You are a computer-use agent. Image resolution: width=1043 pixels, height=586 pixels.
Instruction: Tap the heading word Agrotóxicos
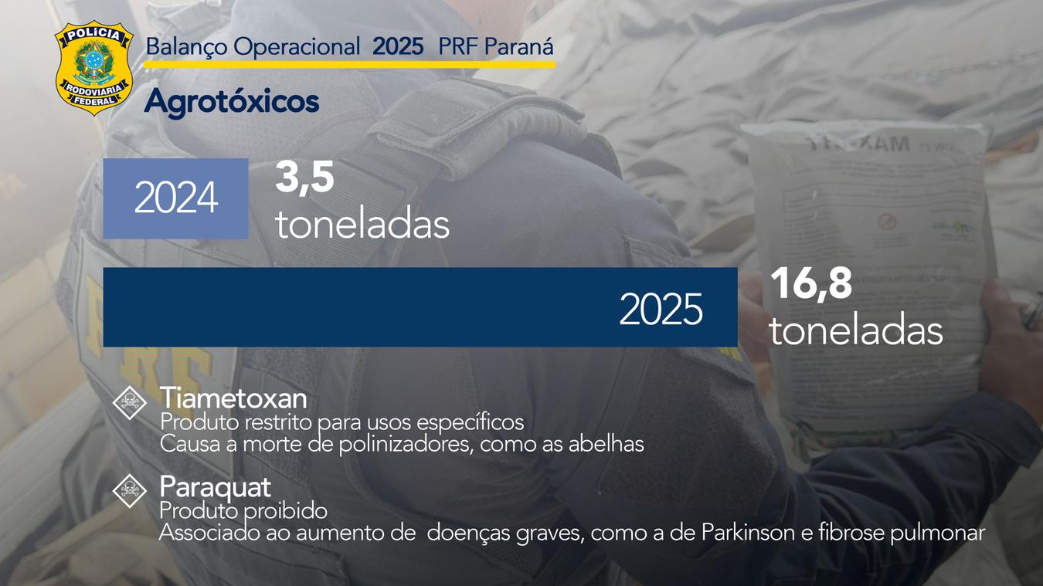tap(231, 102)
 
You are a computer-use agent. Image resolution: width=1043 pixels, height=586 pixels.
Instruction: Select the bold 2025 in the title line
tap(398, 47)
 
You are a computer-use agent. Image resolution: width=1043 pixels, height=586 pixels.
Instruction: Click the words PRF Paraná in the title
tap(496, 47)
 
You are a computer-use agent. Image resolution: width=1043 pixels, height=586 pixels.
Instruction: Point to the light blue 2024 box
tap(175, 198)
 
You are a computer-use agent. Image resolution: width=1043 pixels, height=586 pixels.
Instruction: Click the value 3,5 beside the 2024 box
tap(304, 178)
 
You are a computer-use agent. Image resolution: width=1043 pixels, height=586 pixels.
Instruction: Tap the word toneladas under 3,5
tap(362, 225)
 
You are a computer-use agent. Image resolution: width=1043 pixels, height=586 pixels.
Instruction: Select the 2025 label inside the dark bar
tap(661, 310)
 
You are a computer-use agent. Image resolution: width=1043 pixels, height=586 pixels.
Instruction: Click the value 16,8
tap(810, 284)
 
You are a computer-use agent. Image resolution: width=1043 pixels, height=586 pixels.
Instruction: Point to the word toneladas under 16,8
tap(855, 331)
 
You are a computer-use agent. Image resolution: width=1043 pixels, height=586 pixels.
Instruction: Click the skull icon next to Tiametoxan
tap(129, 402)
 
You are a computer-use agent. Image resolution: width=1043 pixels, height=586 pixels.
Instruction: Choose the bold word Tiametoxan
tap(233, 399)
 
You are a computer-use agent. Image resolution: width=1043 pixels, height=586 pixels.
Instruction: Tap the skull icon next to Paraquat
tap(129, 490)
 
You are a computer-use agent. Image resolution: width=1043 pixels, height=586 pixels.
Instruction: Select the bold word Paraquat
tap(215, 487)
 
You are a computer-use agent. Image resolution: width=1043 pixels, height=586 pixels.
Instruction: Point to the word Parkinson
tap(749, 533)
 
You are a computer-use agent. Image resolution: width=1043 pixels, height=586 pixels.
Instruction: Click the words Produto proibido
tap(243, 511)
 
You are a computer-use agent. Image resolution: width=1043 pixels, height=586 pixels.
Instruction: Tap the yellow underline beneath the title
tap(349, 64)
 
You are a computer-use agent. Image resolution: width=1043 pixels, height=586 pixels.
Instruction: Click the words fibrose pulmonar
tap(902, 533)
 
